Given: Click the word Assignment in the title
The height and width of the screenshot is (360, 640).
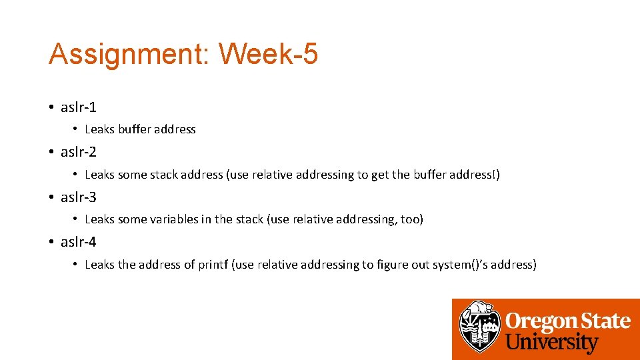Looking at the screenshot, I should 127,54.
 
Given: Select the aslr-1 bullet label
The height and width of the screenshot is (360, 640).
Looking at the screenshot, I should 78,107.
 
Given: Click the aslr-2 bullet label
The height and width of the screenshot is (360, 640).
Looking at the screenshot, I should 78,152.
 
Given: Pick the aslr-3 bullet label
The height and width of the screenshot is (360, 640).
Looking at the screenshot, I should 78,197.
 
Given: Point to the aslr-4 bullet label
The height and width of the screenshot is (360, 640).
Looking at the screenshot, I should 78,242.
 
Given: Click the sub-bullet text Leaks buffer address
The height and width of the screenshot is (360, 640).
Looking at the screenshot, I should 140,129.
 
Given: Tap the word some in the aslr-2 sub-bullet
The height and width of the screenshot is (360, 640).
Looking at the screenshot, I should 131,175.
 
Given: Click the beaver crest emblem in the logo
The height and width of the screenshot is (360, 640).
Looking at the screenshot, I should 480,327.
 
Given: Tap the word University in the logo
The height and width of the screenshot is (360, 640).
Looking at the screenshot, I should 552,343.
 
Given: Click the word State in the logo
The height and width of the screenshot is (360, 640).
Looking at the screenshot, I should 603,321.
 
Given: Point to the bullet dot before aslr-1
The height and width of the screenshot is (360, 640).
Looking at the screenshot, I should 51,107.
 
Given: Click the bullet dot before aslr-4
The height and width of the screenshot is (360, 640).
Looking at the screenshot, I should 51,243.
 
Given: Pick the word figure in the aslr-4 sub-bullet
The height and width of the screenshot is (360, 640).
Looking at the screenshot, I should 394,265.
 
